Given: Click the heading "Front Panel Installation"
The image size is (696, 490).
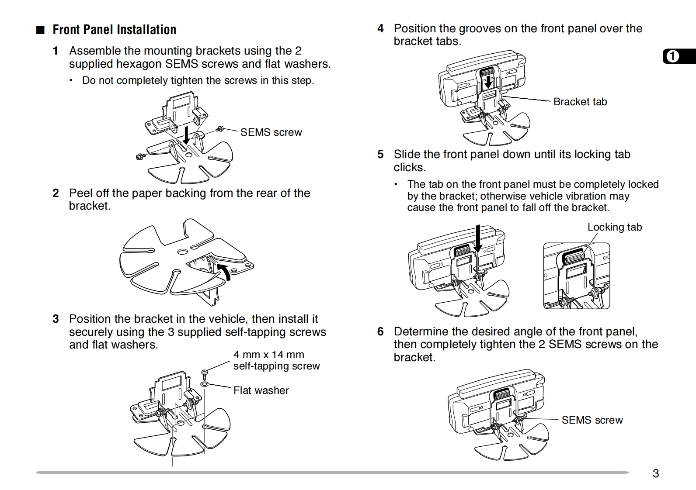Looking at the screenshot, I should [114, 30].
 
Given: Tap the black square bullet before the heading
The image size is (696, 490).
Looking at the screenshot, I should [41, 30].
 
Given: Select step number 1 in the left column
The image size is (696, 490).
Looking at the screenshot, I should [56, 51].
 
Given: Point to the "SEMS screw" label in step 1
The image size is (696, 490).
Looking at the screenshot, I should [271, 132].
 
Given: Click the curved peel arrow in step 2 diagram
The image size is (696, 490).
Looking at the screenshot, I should [224, 271].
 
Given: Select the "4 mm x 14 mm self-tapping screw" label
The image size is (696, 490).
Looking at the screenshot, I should [276, 360].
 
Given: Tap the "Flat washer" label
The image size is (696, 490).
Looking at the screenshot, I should [261, 390].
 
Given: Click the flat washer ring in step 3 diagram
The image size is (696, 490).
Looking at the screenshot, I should [204, 384].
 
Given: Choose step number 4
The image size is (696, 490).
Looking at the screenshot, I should [380, 29].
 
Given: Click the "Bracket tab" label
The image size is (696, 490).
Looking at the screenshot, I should [580, 102].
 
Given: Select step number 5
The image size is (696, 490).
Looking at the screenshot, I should [380, 155].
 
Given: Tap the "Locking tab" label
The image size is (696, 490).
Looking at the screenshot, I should [614, 227].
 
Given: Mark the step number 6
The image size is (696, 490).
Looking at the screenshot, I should [380, 332].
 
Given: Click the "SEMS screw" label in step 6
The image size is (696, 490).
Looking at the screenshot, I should [592, 420].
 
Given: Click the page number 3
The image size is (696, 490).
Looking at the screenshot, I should [655, 473].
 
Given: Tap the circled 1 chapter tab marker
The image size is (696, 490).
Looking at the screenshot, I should [673, 57].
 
